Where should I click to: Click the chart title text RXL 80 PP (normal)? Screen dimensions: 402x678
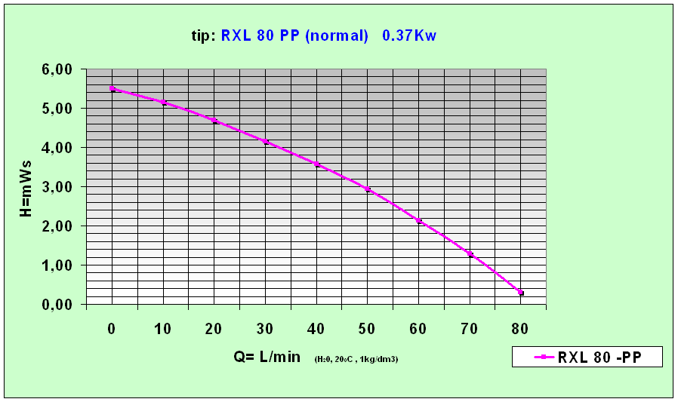pyautogui.click(x=294, y=35)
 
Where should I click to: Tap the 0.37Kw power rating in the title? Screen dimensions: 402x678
pyautogui.click(x=409, y=35)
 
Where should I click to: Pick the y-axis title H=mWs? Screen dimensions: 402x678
pyautogui.click(x=26, y=188)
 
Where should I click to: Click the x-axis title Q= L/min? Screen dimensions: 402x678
pyautogui.click(x=267, y=357)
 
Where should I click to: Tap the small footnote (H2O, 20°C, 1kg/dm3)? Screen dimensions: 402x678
pyautogui.click(x=356, y=359)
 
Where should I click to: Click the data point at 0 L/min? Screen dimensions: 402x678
pyautogui.click(x=112, y=89)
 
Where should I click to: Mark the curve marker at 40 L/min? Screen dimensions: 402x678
pyautogui.click(x=317, y=164)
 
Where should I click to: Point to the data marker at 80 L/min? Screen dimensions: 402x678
pyautogui.click(x=521, y=293)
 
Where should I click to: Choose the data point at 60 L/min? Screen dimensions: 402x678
pyautogui.click(x=419, y=221)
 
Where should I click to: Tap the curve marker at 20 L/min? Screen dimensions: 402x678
pyautogui.click(x=214, y=121)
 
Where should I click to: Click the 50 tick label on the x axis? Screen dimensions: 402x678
pyautogui.click(x=367, y=328)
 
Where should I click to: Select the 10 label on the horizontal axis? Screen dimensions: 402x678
pyautogui.click(x=162, y=328)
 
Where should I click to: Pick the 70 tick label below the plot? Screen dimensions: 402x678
pyautogui.click(x=469, y=328)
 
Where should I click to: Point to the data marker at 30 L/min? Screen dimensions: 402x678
pyautogui.click(x=266, y=141)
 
